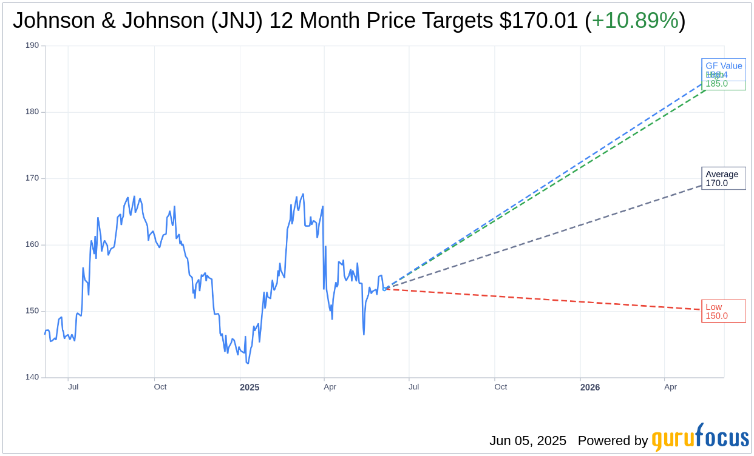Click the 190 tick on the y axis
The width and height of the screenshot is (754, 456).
click(32, 45)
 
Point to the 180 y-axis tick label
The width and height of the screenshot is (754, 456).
click(32, 112)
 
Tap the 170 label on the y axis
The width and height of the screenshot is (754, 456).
click(32, 178)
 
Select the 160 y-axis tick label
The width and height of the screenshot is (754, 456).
click(32, 244)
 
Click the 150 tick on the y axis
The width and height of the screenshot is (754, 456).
click(32, 311)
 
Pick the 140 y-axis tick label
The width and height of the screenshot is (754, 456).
click(32, 377)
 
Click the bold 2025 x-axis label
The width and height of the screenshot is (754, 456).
click(250, 387)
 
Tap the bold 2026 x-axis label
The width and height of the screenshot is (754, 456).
click(589, 387)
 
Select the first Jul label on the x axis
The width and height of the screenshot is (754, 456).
click(73, 387)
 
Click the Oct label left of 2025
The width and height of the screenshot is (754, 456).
click(160, 387)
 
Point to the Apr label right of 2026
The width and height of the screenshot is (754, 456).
click(670, 387)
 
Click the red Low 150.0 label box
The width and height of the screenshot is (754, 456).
click(723, 311)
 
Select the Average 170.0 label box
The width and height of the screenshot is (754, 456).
click(723, 178)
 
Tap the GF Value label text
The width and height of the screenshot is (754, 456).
click(724, 65)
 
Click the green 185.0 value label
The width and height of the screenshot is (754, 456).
click(716, 84)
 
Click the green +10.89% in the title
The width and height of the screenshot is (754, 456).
click(635, 21)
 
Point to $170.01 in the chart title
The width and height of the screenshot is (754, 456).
click(538, 21)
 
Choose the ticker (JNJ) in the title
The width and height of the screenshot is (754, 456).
click(237, 21)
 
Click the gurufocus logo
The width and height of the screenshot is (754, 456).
click(700, 438)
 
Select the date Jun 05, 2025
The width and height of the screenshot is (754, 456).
click(528, 441)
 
